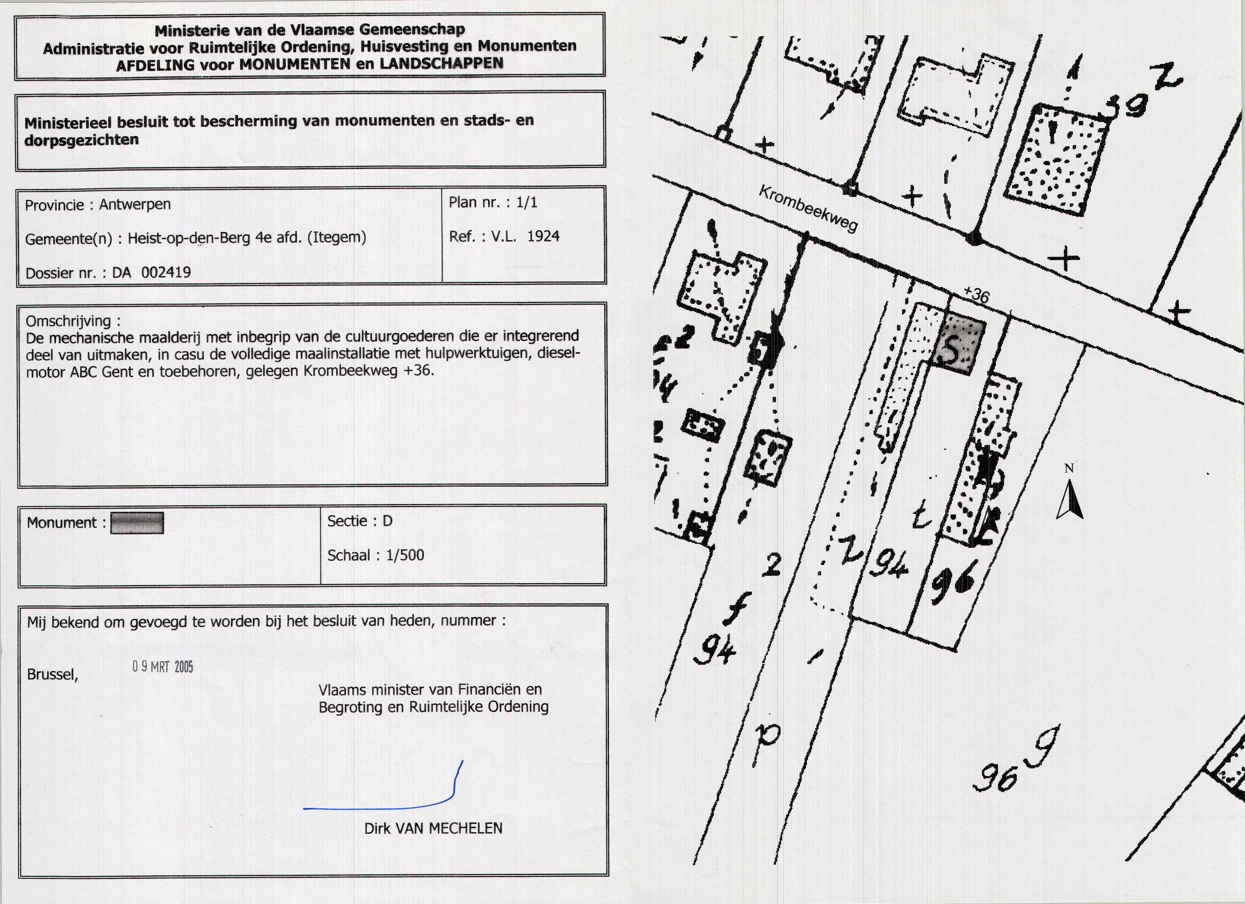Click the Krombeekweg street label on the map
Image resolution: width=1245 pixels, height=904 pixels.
coord(808,209)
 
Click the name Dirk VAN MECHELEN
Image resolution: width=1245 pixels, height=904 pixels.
coord(433,828)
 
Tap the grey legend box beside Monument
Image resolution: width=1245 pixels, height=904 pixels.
coord(137,523)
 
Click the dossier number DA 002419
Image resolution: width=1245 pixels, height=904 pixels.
coord(151,272)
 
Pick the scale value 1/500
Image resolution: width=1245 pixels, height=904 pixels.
coord(405,555)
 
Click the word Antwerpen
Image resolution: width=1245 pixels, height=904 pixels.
coord(135,204)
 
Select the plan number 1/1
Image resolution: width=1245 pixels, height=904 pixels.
coord(527,203)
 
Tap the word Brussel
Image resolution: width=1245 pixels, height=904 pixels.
coord(53,675)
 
